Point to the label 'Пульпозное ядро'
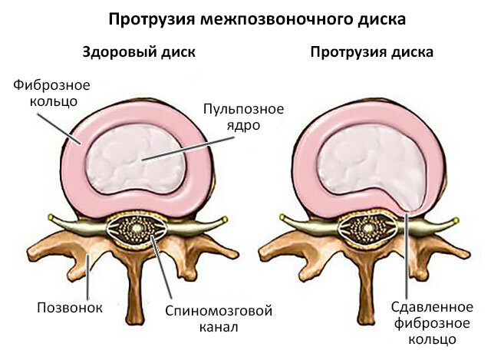pyautogui.click(x=243, y=115)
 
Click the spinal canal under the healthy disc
pyautogui.click(x=137, y=230)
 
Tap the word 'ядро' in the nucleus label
pyautogui.click(x=243, y=124)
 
